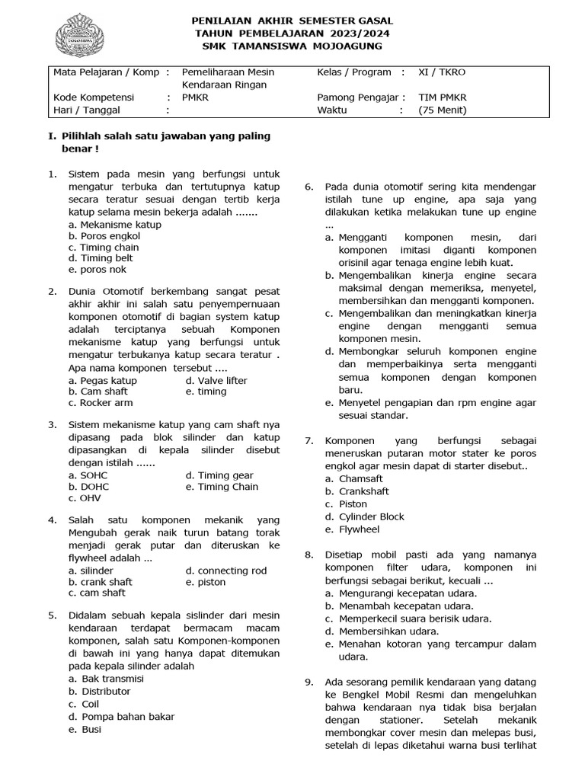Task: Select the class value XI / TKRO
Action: [x=442, y=72]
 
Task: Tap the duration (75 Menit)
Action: [x=443, y=110]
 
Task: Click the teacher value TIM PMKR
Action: [x=443, y=97]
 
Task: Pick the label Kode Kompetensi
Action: [x=94, y=97]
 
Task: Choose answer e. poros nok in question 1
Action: [x=97, y=269]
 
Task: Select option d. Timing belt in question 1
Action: [x=101, y=258]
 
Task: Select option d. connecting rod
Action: [x=226, y=571]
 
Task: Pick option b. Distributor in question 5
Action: [x=99, y=691]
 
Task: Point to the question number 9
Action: [x=308, y=682]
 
